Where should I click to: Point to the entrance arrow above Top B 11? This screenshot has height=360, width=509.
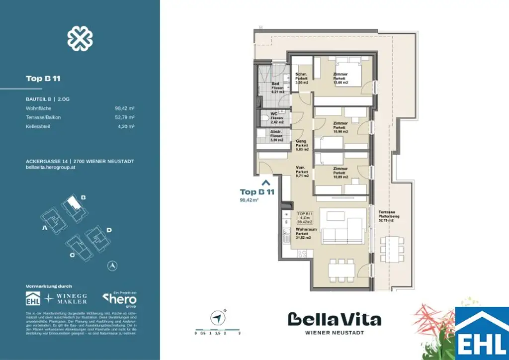[x=265, y=183]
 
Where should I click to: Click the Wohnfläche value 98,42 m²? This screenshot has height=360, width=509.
[x=125, y=107]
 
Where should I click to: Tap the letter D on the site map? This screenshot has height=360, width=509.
[x=109, y=229]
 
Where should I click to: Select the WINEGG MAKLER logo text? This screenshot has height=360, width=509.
[x=71, y=298]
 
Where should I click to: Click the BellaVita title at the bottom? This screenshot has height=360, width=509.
[x=335, y=319]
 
